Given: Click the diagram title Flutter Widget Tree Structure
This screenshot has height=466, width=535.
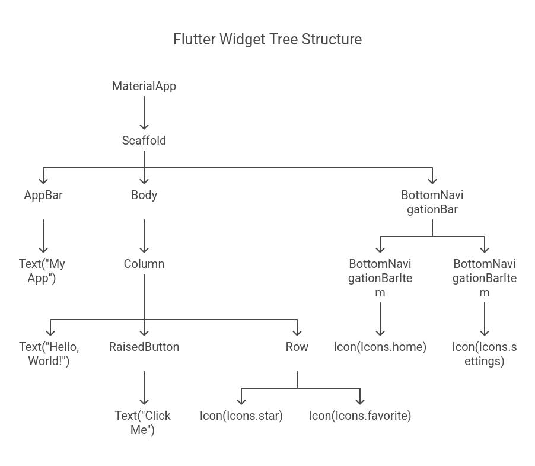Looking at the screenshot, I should click(x=267, y=39).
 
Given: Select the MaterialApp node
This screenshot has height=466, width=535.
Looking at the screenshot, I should click(x=144, y=86).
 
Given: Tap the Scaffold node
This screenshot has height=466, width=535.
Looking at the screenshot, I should click(x=144, y=141).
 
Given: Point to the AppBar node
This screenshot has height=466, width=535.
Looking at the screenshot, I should click(x=43, y=195).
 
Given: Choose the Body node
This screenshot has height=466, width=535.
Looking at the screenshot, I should click(x=144, y=195).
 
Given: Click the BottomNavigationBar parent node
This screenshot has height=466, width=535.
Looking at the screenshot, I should click(x=432, y=202).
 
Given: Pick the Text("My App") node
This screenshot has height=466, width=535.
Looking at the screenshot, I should click(x=42, y=271).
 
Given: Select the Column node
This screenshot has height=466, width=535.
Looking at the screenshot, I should click(x=144, y=264).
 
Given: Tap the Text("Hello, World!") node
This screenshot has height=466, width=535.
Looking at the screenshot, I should click(x=49, y=353).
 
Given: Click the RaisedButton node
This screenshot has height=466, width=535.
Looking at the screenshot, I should click(x=144, y=347).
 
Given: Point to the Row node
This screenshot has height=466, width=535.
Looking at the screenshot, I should click(x=297, y=347).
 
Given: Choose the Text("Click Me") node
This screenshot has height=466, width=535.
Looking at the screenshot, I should click(x=143, y=423).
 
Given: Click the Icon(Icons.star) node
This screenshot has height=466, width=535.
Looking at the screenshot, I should click(x=241, y=416).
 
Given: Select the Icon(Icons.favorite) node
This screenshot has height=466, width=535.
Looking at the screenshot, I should click(x=359, y=416).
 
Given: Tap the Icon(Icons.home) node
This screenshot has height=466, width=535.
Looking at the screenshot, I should click(x=380, y=347).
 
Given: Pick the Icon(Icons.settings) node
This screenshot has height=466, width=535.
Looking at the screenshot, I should click(x=484, y=353).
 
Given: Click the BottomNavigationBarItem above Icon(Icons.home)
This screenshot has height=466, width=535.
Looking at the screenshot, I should click(x=380, y=278).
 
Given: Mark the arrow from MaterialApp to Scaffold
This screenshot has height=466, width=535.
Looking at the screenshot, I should click(x=144, y=113).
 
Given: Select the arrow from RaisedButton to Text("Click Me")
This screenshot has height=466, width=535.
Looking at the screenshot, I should click(x=144, y=388).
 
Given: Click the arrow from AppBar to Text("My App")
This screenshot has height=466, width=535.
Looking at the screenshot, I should click(x=43, y=236).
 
